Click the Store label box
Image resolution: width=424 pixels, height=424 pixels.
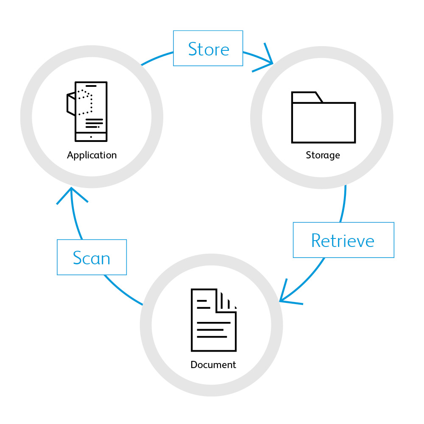coord(208,48)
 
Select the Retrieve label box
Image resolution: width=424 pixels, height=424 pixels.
coord(343,240)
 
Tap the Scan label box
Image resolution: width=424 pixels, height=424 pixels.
coord(92,257)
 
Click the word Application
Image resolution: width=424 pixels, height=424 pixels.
coord(92,155)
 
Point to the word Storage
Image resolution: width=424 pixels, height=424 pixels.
coord(323,155)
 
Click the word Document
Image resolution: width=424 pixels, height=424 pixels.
coord(213,365)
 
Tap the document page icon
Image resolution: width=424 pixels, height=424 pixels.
coord(213,320)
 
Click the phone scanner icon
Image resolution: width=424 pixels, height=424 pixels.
coord(87,111)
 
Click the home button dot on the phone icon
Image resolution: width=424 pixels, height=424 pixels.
coord(91,137)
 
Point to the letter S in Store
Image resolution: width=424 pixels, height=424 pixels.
coord(192,49)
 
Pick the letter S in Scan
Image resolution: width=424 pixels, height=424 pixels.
coord(78,258)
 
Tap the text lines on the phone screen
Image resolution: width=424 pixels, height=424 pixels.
coord(94,123)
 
